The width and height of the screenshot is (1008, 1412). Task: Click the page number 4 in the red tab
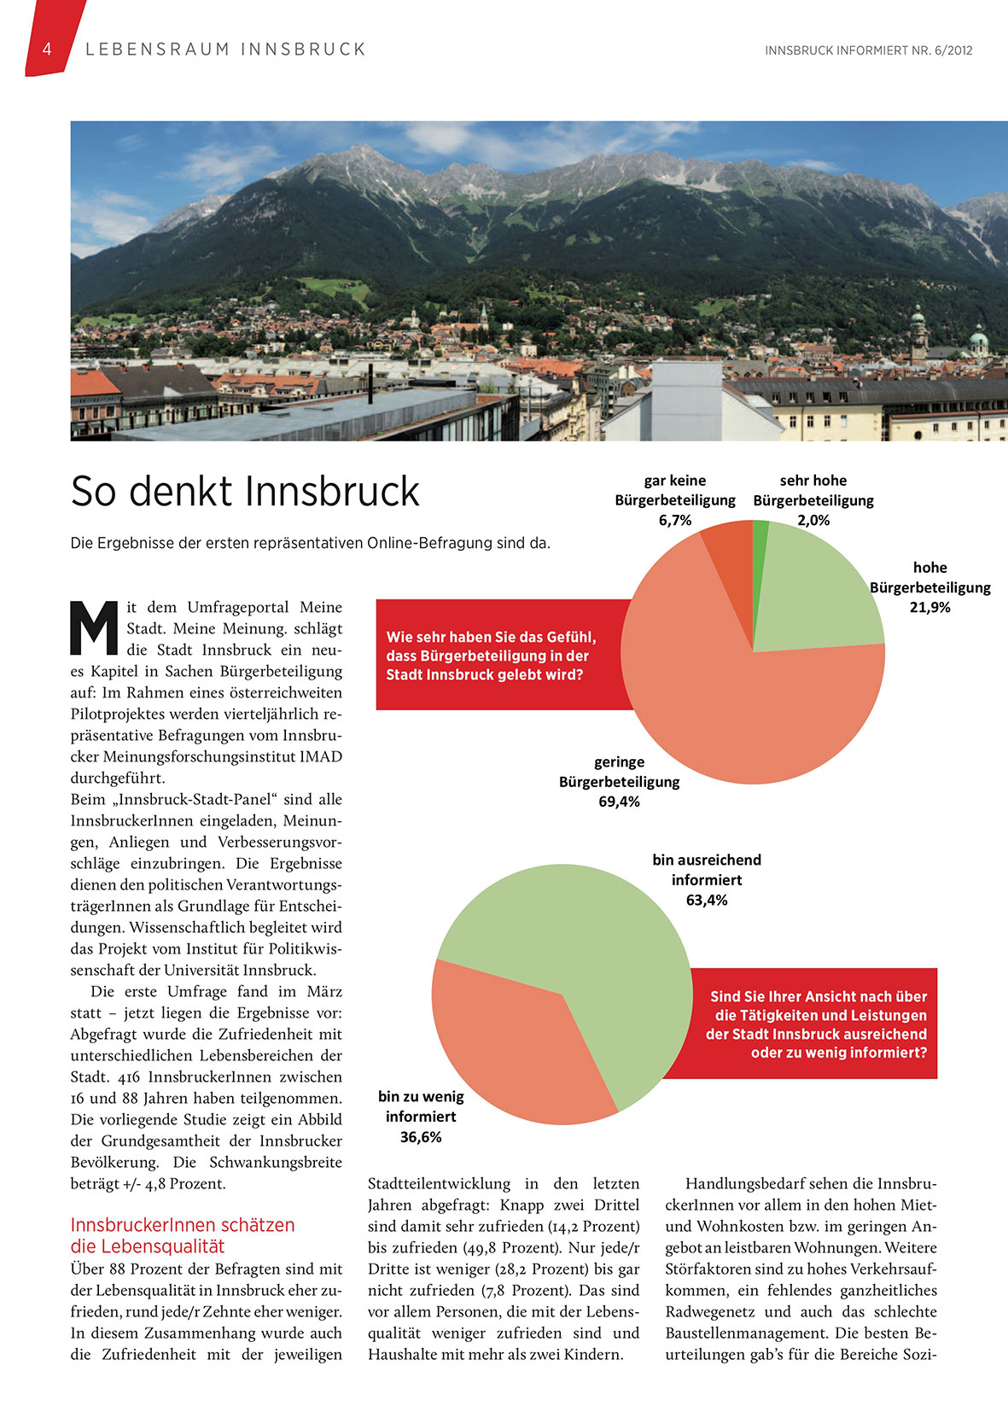click(47, 50)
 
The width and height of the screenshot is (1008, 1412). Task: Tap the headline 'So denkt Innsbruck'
click(245, 492)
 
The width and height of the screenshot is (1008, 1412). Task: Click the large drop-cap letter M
click(93, 627)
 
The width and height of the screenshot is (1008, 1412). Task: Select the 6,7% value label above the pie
click(674, 521)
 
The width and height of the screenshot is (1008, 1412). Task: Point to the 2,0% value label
click(813, 521)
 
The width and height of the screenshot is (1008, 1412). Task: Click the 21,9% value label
click(929, 608)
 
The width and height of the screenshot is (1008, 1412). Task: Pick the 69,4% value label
click(619, 802)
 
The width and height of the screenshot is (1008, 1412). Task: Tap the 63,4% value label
click(707, 901)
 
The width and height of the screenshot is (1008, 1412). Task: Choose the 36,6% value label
click(421, 1137)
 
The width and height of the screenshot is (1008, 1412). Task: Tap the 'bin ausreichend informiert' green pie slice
click(589, 948)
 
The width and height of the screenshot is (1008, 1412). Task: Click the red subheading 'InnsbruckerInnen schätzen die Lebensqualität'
click(183, 1235)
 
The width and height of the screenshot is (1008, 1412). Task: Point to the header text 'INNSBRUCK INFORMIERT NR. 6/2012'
click(868, 50)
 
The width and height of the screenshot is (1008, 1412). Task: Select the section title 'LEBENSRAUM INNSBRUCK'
click(225, 50)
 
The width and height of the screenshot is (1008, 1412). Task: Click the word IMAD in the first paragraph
click(321, 757)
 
